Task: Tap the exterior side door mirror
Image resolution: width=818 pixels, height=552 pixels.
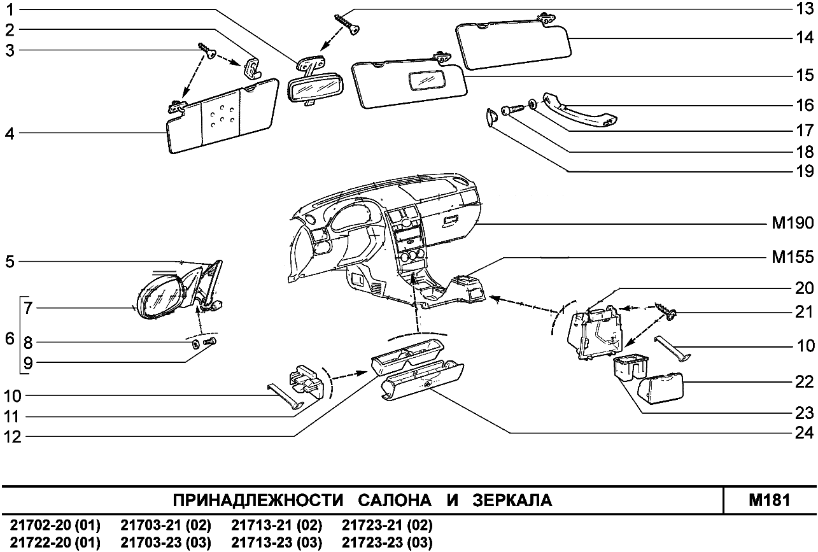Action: (x=164, y=296)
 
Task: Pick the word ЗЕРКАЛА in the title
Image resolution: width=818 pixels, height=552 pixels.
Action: (x=512, y=500)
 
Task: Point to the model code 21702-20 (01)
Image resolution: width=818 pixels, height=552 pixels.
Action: (x=55, y=526)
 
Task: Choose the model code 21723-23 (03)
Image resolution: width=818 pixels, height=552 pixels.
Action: (x=387, y=542)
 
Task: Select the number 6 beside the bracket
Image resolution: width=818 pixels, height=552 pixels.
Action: (x=10, y=339)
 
